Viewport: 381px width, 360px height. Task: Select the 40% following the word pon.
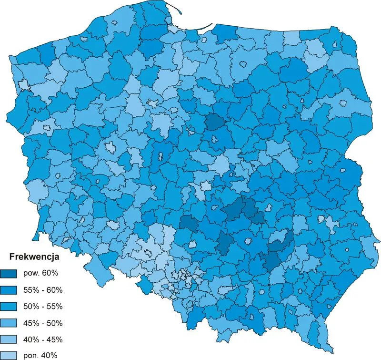(50, 355)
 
